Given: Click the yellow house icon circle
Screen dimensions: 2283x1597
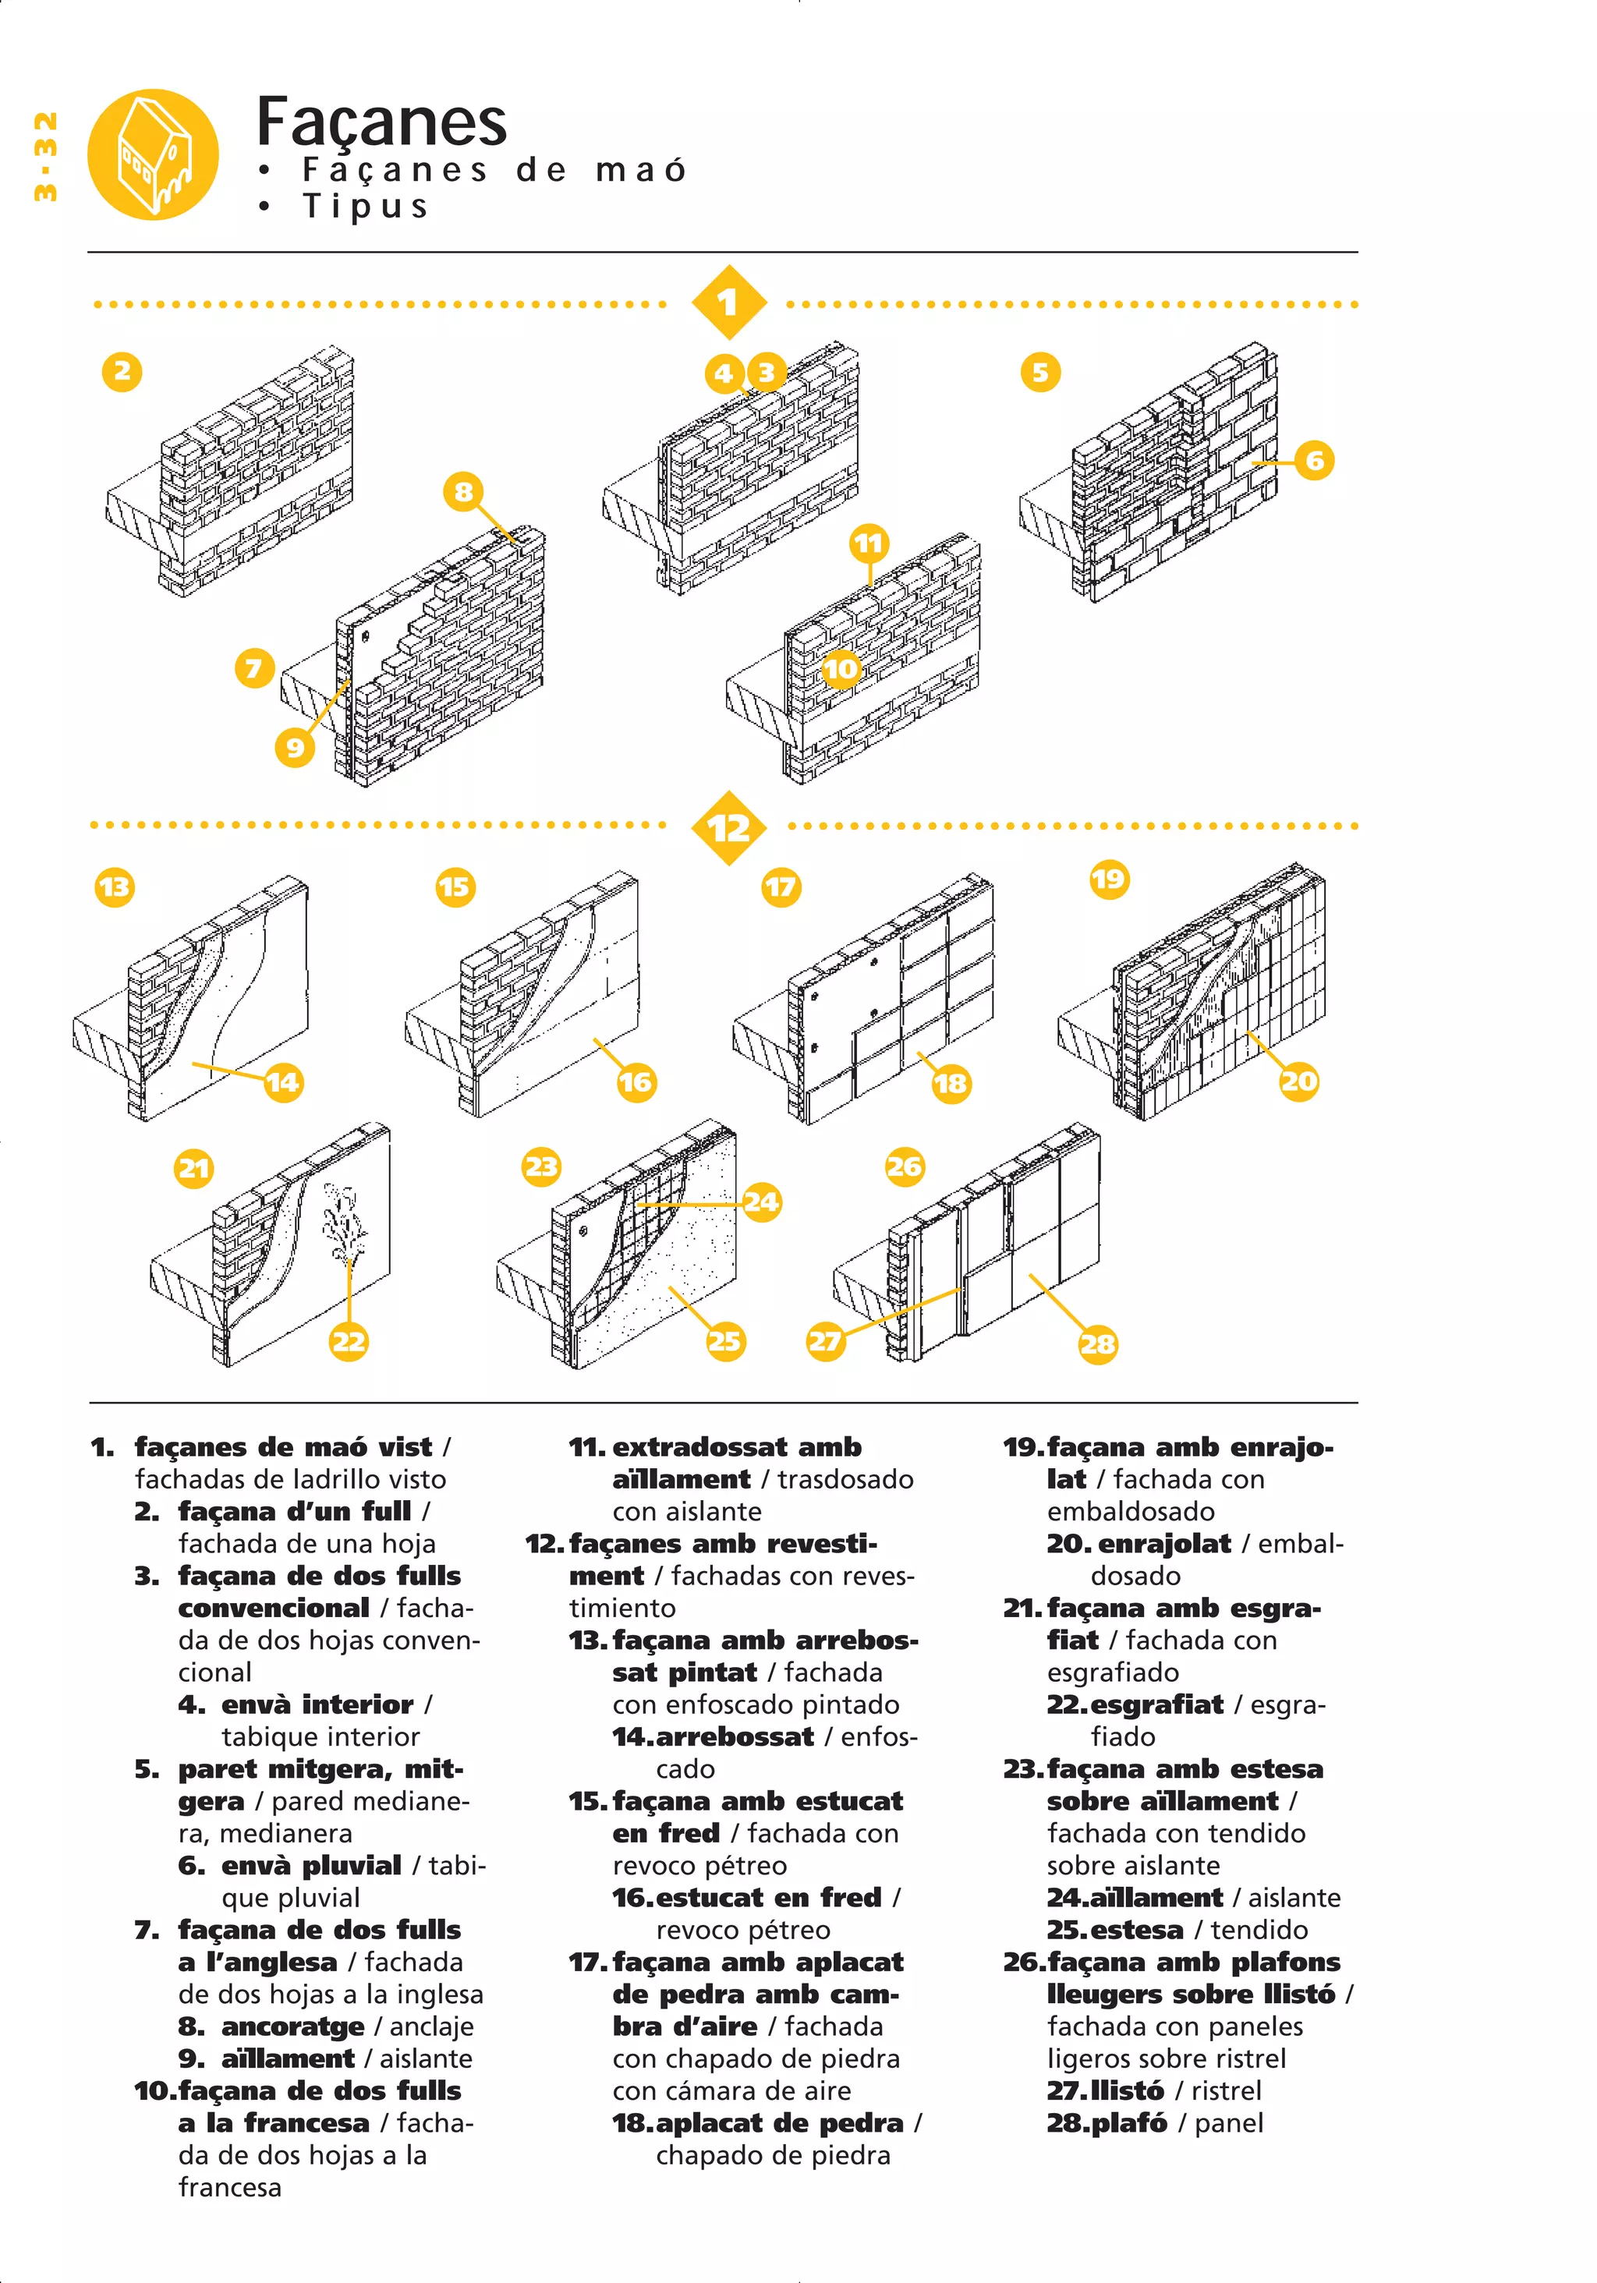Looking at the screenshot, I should pyautogui.click(x=152, y=155).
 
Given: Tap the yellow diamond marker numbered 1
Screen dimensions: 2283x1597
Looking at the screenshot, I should pyautogui.click(x=728, y=303).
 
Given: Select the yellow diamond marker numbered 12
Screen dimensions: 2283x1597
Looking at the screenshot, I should pyautogui.click(x=728, y=827).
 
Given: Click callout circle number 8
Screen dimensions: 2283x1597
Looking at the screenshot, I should pyautogui.click(x=463, y=491).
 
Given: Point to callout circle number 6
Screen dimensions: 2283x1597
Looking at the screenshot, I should pyautogui.click(x=1314, y=460).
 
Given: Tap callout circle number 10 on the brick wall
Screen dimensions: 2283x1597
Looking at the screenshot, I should pyautogui.click(x=841, y=668).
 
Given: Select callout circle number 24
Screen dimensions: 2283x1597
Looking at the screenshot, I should pyautogui.click(x=761, y=1202).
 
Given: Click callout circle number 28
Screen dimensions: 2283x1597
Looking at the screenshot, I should pyautogui.click(x=1098, y=1344).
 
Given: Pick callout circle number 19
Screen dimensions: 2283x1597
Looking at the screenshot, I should pyautogui.click(x=1108, y=879).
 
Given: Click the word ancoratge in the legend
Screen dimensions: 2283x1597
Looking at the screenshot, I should pyautogui.click(x=292, y=2026).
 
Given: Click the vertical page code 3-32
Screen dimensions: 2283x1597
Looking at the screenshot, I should pyautogui.click(x=44, y=157).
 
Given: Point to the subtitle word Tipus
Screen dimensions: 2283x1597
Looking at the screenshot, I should pyautogui.click(x=365, y=206).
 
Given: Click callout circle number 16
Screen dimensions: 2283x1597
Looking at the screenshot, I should pyautogui.click(x=636, y=1081).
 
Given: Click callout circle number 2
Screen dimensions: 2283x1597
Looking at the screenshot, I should pyautogui.click(x=122, y=372).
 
